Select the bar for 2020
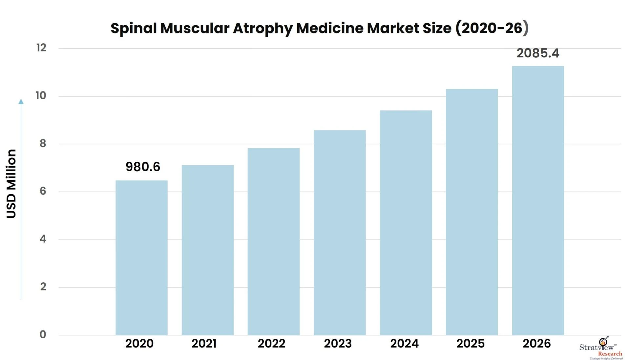pos(141,257)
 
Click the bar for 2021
pos(208,250)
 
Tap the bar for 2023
pos(340,232)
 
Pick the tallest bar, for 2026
pos(538,200)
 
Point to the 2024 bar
pos(406,223)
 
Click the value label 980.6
pos(143,167)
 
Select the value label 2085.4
pos(538,53)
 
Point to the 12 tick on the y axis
pos(41,48)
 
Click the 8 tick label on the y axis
pos(43,144)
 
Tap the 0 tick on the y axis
pos(43,335)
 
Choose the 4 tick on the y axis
pos(43,239)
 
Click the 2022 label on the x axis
pos(271,344)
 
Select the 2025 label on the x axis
pos(470,344)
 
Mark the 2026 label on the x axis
pos(536,344)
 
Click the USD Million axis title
pos(11,184)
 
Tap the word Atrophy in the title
pos(263,29)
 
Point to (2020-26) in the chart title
pos(492,28)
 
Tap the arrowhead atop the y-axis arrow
pos(21,102)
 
